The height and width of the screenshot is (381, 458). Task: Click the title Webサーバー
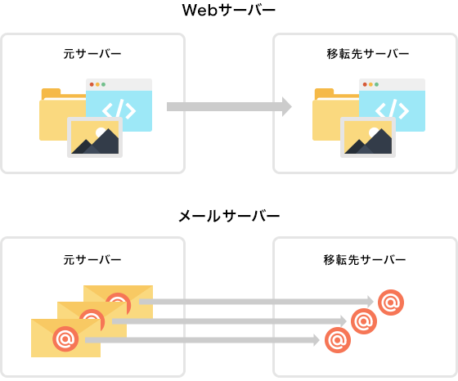(x=229, y=11)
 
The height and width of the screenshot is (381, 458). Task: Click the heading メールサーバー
(x=229, y=217)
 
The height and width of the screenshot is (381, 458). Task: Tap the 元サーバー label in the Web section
(x=92, y=54)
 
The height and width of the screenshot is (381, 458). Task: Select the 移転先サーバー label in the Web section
(x=368, y=54)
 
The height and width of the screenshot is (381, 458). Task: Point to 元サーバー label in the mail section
(x=92, y=259)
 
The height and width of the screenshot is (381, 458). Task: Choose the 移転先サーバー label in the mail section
(x=365, y=259)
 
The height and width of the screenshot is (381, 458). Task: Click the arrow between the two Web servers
(x=229, y=107)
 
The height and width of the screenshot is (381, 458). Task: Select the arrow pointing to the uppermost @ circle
(x=257, y=302)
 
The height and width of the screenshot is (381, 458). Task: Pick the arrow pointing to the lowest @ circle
(x=203, y=340)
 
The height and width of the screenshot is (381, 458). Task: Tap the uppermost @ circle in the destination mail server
(x=391, y=303)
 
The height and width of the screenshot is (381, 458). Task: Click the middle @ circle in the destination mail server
(x=364, y=321)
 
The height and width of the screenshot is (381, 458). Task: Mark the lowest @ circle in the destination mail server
(x=338, y=340)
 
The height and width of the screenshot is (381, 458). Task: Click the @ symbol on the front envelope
(x=65, y=338)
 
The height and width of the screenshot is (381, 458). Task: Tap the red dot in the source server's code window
(x=92, y=85)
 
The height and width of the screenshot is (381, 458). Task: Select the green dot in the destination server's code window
(x=376, y=85)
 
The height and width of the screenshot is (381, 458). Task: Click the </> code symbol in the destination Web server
(x=392, y=110)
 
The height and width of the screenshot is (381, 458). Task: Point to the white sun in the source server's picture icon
(x=101, y=132)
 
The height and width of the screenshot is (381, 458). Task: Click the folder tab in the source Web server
(x=51, y=93)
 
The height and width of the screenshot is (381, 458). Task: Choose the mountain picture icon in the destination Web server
(x=368, y=137)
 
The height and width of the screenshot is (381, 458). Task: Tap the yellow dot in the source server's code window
(x=97, y=85)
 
